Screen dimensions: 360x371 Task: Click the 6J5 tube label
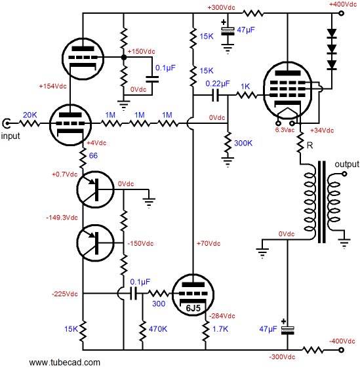(193, 308)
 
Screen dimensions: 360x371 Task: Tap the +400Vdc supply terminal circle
(341, 13)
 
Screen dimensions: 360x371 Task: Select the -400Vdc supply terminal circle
(341, 350)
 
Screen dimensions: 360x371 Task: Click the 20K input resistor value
(30, 115)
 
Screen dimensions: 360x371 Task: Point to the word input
(10, 136)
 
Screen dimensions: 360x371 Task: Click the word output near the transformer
(347, 165)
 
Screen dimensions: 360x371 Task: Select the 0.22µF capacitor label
(218, 84)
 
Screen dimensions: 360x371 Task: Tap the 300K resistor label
(243, 143)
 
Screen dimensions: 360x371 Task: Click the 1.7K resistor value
(220, 329)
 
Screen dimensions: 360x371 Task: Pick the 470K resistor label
(158, 329)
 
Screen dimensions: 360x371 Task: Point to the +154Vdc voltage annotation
(52, 86)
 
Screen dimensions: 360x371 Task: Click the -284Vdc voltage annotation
(222, 316)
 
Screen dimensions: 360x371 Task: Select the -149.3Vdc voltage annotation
(62, 218)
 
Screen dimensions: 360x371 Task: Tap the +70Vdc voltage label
(209, 243)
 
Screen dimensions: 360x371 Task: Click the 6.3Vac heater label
(285, 130)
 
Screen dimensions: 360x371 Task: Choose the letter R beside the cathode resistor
(310, 146)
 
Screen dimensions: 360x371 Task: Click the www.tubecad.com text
(65, 362)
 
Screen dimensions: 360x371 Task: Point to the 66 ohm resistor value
(93, 156)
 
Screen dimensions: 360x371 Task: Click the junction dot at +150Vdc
(123, 57)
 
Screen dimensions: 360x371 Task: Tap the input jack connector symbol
(6, 123)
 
